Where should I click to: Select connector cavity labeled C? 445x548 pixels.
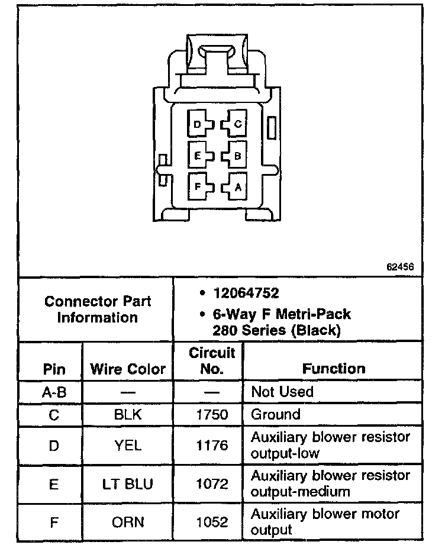(236, 124)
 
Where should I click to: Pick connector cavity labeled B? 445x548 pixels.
(236, 156)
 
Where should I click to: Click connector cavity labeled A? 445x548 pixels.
(236, 187)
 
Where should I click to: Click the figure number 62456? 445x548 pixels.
(400, 267)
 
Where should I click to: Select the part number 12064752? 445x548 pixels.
(247, 294)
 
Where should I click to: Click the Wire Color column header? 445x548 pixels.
(128, 370)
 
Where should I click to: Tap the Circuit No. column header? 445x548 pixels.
(212, 361)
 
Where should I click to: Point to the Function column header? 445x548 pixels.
(334, 369)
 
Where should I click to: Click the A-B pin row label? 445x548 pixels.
(54, 392)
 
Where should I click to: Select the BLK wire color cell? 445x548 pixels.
(128, 414)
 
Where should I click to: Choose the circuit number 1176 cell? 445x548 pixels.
(211, 445)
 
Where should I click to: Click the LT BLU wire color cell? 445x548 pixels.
(128, 483)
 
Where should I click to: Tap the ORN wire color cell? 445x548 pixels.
(128, 522)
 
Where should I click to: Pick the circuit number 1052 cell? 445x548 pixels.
(211, 522)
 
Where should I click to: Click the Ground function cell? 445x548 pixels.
(276, 414)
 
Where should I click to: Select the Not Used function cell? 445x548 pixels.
(282, 392)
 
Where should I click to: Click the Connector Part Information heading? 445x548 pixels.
(98, 309)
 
